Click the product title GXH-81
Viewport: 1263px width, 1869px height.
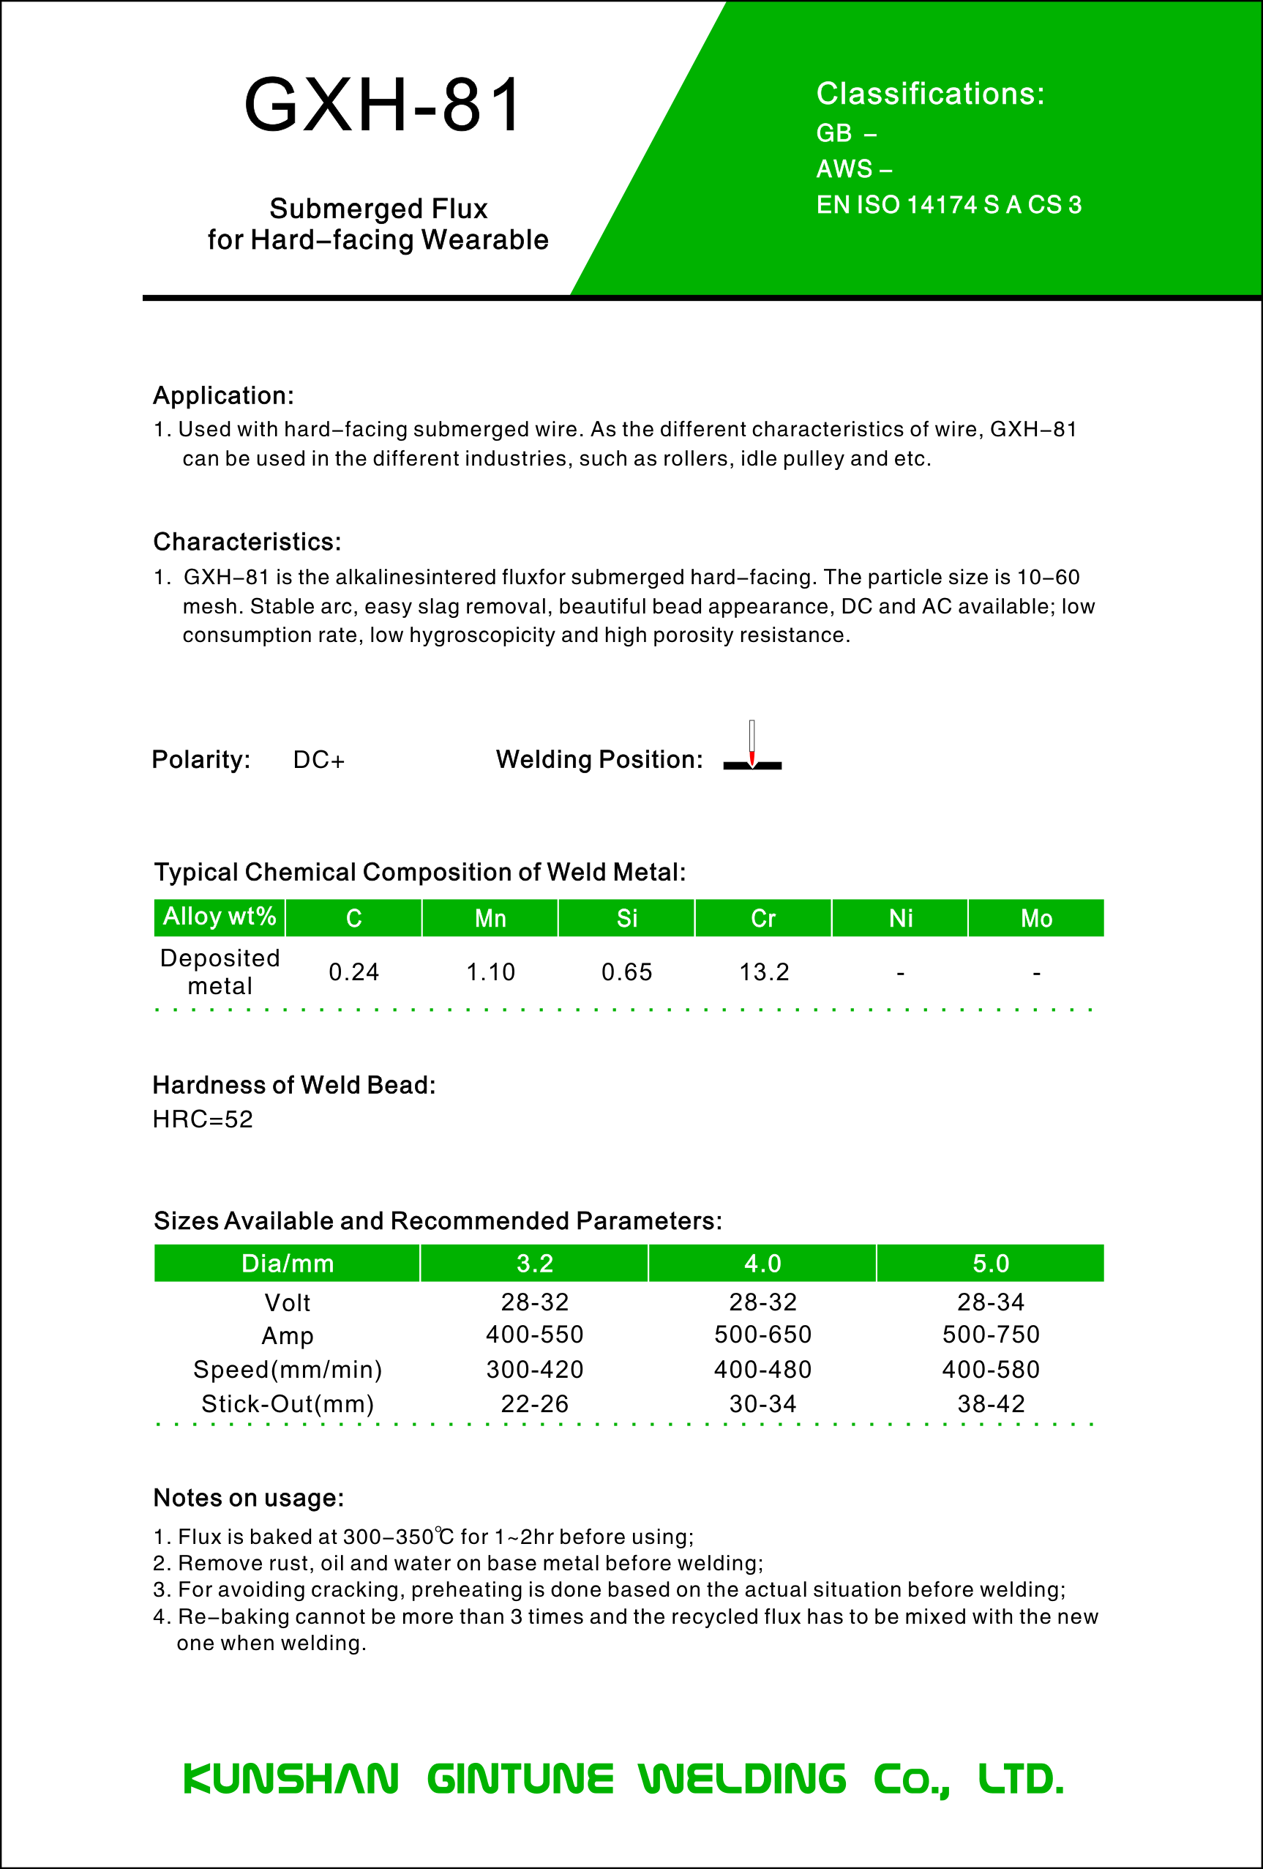click(383, 105)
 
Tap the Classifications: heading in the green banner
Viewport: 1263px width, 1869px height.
click(930, 94)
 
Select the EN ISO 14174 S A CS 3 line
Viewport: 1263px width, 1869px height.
click(948, 205)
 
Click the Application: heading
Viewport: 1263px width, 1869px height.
click(223, 395)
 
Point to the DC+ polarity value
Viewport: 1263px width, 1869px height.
click(318, 760)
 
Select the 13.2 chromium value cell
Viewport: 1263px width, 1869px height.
click(764, 972)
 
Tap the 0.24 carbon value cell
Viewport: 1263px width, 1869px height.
click(353, 972)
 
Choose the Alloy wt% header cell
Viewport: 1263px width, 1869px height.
click(220, 917)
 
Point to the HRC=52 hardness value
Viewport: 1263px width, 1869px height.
click(203, 1119)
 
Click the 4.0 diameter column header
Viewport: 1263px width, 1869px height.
click(762, 1264)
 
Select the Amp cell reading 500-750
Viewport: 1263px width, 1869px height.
click(991, 1335)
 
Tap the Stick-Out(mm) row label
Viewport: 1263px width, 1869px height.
click(287, 1404)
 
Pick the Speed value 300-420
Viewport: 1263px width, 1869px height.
click(535, 1370)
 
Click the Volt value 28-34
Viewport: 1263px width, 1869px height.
click(991, 1302)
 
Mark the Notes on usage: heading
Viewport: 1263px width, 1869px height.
click(248, 1499)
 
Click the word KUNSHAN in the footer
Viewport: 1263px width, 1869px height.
click(291, 1779)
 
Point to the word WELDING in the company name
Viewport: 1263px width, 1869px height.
click(742, 1779)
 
